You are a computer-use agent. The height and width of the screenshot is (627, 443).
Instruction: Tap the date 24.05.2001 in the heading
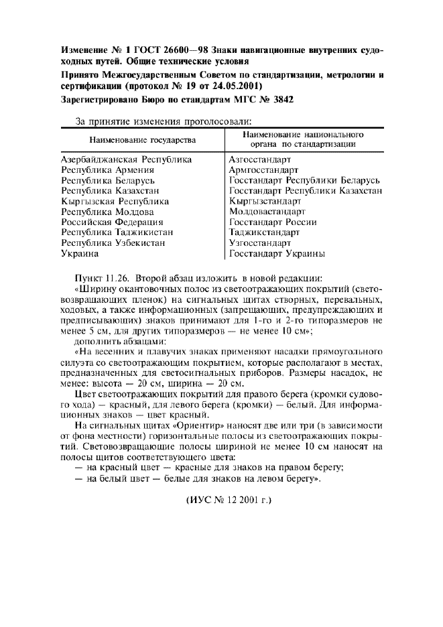238,86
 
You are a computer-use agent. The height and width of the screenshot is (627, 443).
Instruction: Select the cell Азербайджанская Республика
126,159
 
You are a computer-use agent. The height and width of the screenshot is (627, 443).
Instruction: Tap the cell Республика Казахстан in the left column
113,191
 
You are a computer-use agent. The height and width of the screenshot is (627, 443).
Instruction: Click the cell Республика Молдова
107,212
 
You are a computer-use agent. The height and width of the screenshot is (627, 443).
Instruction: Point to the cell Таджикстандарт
265,232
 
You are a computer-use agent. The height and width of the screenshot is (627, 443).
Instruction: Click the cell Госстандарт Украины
277,254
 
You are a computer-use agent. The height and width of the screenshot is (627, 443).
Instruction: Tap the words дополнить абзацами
108,340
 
